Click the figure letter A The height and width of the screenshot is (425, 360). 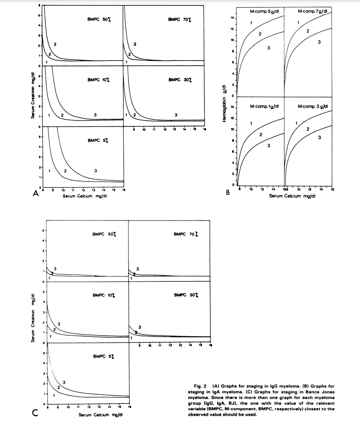pos(35,193)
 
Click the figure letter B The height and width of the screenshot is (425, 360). pos(228,193)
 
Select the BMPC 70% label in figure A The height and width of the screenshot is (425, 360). pos(181,19)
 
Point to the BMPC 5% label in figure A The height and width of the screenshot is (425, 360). pos(98,141)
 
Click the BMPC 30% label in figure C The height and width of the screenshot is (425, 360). pos(186,295)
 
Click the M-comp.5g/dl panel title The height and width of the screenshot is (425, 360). pos(265,11)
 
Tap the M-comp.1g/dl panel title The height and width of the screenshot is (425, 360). pos(265,106)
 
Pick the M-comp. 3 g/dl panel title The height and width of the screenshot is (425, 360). pos(313,106)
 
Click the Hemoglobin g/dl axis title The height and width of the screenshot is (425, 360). pos(223,103)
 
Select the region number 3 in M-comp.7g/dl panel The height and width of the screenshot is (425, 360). pos(319,43)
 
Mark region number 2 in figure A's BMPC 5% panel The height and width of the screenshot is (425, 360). pos(65,171)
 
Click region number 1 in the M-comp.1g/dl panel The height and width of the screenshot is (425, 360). pos(251,123)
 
